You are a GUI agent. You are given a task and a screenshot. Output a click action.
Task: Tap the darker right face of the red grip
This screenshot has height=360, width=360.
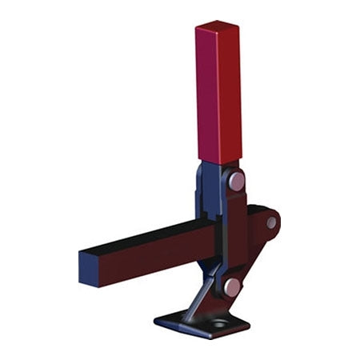[232, 92]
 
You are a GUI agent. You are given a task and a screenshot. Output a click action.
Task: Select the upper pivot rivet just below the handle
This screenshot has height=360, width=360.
[236, 181]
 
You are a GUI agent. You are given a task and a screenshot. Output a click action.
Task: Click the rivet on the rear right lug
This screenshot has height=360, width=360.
[271, 222]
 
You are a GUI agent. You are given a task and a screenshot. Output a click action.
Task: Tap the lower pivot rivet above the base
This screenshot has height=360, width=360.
[232, 286]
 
